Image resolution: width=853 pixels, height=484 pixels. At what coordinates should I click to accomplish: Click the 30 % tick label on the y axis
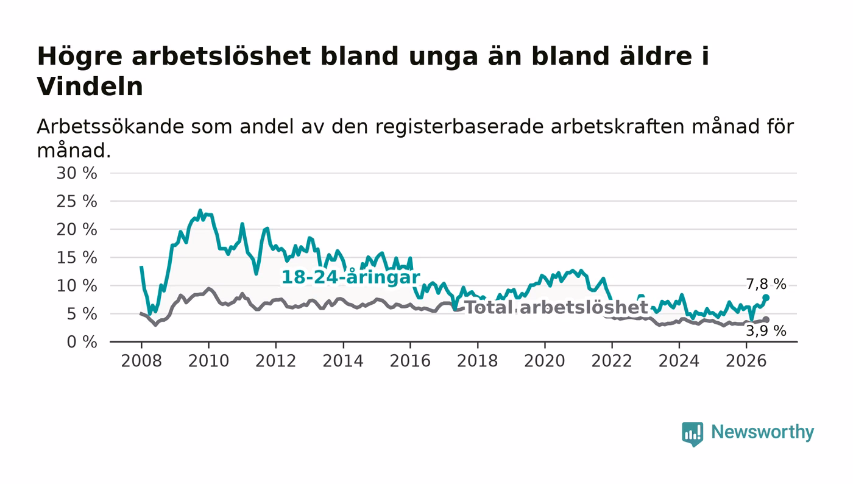tap(77, 173)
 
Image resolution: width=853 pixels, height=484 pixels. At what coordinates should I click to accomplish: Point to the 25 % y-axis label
tap(77, 202)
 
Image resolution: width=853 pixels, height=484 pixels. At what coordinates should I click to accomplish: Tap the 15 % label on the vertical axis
tap(77, 258)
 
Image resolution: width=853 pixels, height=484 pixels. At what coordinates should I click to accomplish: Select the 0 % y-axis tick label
tap(82, 342)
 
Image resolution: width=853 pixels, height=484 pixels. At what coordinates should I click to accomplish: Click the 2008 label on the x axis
tap(141, 361)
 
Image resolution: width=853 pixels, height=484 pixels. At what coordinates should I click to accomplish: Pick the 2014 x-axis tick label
tap(343, 361)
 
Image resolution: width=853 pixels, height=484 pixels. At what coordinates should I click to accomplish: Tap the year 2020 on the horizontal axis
tap(545, 361)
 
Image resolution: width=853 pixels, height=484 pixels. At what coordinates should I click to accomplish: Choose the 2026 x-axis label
tap(746, 361)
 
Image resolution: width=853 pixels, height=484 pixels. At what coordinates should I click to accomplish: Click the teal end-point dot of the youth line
tap(766, 297)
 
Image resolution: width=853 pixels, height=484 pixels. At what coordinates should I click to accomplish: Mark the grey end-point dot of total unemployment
tap(766, 320)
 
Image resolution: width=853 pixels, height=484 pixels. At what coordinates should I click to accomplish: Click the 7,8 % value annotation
tap(766, 284)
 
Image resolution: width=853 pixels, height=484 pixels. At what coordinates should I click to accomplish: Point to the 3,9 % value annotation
tap(766, 331)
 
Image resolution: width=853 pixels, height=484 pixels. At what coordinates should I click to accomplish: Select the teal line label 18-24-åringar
tap(350, 277)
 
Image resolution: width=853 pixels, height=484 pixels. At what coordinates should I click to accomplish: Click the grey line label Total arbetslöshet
tap(556, 307)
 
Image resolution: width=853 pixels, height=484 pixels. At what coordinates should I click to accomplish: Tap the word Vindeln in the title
tap(90, 87)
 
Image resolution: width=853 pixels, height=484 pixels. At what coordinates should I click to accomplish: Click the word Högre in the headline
tap(80, 57)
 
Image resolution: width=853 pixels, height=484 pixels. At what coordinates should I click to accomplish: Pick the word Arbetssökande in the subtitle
tap(110, 127)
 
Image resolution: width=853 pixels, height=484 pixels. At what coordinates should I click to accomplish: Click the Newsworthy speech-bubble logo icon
tap(692, 434)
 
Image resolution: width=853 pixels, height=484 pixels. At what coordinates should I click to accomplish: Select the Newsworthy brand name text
tap(762, 432)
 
